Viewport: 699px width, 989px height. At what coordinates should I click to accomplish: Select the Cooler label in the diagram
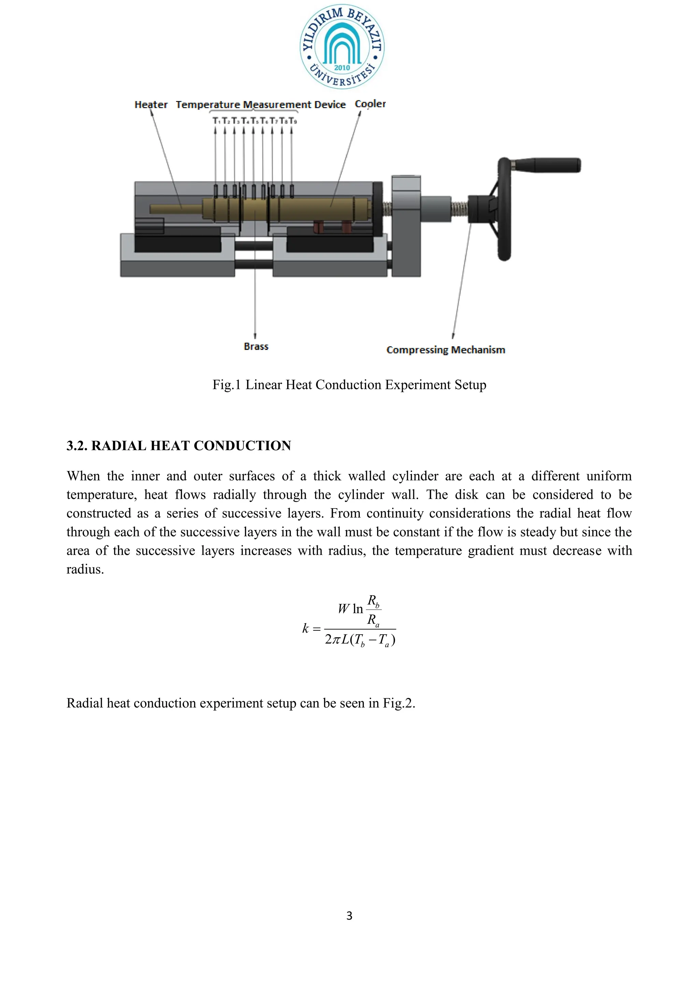pyautogui.click(x=370, y=104)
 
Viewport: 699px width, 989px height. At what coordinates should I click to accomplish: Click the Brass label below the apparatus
pyautogui.click(x=256, y=346)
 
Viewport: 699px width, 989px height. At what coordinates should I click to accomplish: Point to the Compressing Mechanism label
pyautogui.click(x=445, y=350)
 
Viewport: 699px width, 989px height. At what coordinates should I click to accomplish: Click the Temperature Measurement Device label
pyautogui.click(x=260, y=105)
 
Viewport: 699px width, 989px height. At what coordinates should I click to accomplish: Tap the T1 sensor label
pyautogui.click(x=216, y=121)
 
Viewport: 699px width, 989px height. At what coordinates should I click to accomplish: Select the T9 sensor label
pyautogui.click(x=293, y=121)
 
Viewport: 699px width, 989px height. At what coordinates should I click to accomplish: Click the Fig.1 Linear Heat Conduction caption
pyautogui.click(x=349, y=385)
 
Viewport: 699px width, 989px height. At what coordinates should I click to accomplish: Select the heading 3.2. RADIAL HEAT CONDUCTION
pyautogui.click(x=179, y=445)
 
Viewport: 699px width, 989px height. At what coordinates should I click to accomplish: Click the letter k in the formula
pyautogui.click(x=305, y=628)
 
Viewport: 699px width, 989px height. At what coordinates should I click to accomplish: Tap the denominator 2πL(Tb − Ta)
pyautogui.click(x=360, y=640)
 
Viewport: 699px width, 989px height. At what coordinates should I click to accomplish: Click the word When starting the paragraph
pyautogui.click(x=84, y=476)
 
